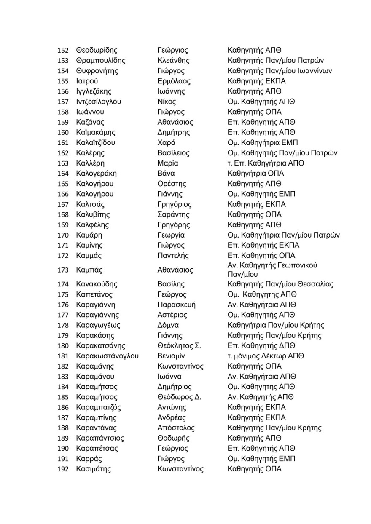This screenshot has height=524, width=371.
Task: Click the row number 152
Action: [x=62, y=51]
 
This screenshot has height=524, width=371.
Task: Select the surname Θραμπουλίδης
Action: [x=100, y=61]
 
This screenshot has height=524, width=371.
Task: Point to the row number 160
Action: [x=62, y=133]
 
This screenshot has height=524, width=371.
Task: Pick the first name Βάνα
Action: [x=166, y=174]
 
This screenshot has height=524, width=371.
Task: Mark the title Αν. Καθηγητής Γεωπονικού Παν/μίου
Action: [x=272, y=270]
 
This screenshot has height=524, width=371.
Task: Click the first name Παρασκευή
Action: [x=176, y=305]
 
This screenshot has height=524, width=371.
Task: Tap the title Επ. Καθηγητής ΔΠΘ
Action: [x=261, y=346]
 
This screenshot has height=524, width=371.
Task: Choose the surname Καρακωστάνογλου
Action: [x=107, y=356]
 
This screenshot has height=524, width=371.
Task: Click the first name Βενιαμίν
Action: [x=172, y=356]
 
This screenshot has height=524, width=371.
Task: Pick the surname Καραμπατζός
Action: [x=98, y=407]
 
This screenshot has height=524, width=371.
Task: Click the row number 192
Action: [x=62, y=469]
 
